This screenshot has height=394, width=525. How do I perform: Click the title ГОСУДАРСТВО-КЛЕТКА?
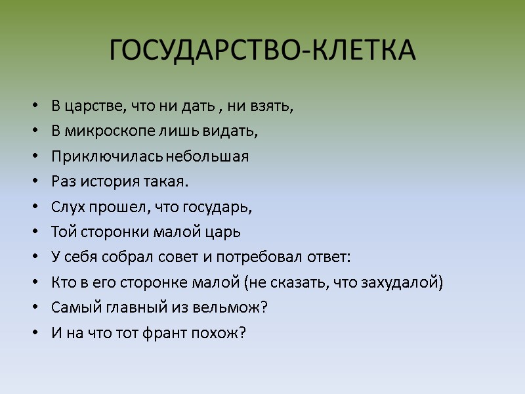[x=262, y=51]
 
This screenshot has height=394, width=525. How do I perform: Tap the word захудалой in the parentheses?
[x=407, y=282]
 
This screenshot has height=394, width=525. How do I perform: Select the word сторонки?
[x=105, y=232]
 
